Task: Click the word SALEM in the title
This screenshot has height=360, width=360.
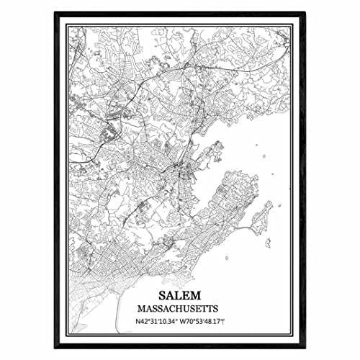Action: pos(180,295)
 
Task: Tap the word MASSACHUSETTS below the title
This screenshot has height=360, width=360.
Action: pos(180,307)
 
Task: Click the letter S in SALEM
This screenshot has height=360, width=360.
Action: pos(160,295)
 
